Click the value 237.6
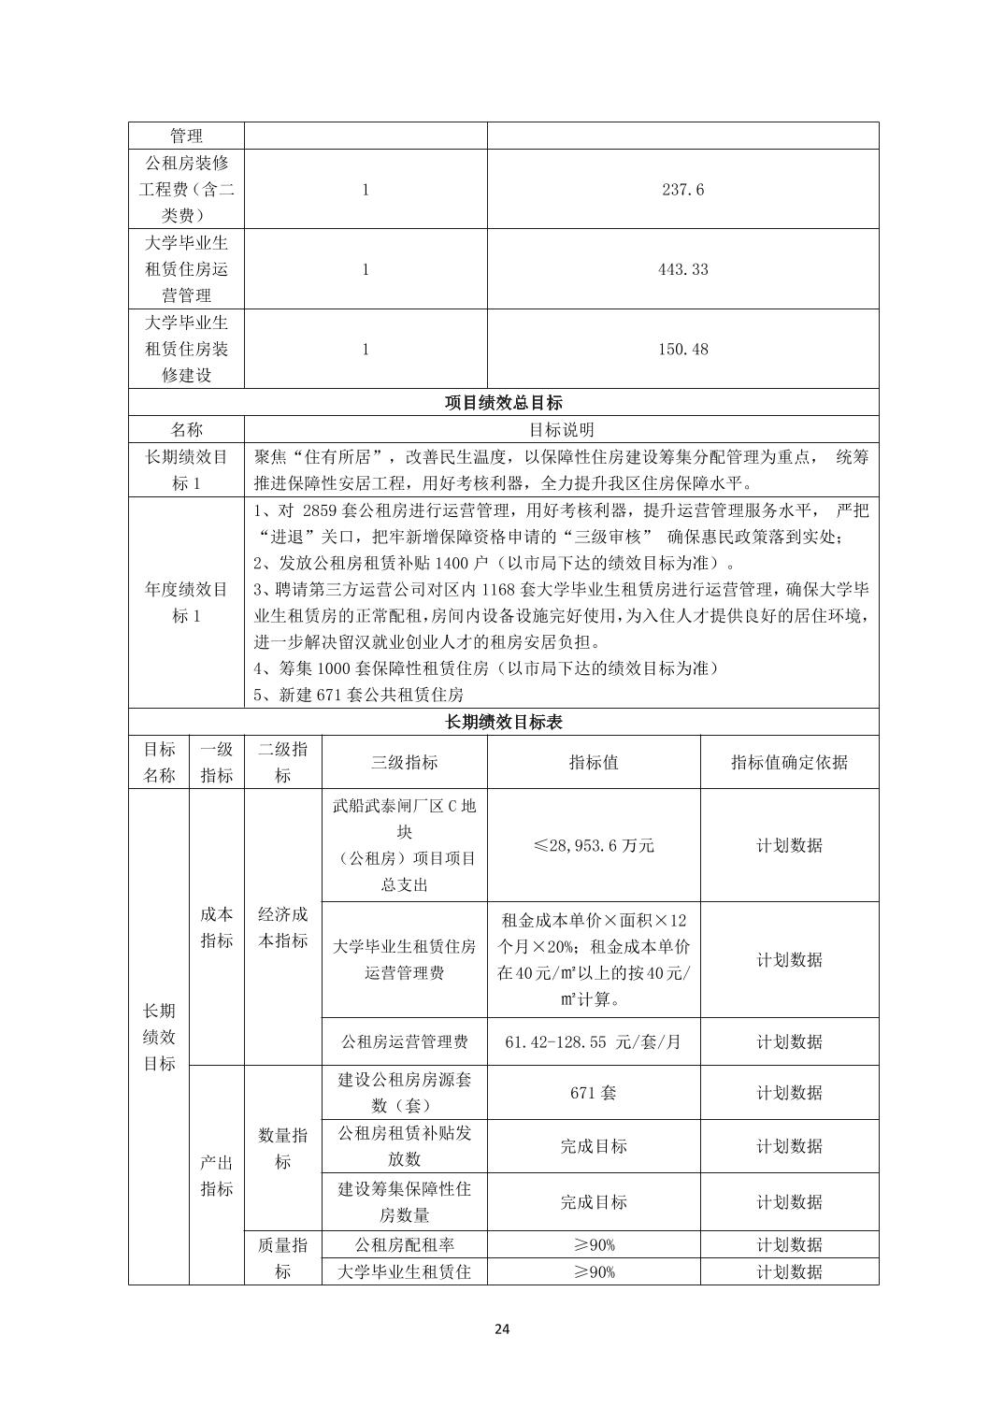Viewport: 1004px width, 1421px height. point(682,190)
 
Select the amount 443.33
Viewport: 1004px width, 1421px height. point(682,269)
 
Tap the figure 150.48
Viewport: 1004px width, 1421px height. point(682,350)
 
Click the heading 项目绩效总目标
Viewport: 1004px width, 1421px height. point(503,403)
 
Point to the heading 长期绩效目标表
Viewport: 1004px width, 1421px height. point(503,723)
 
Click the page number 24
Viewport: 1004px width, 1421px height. point(502,1329)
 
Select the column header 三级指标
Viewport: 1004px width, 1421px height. point(404,762)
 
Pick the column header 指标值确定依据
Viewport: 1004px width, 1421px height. point(789,762)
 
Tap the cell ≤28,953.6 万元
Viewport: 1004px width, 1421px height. point(594,845)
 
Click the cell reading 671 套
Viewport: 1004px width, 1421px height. point(594,1092)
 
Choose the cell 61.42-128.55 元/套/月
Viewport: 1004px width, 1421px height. point(594,1041)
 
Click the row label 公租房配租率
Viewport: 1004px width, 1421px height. point(404,1244)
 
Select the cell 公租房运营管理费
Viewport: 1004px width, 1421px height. point(404,1041)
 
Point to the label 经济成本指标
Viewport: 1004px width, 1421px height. point(282,927)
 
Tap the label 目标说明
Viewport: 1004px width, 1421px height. point(561,430)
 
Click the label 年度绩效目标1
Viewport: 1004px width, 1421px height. point(186,603)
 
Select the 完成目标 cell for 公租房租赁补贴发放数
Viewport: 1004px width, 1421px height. point(594,1146)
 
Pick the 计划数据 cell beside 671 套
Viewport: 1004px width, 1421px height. point(789,1092)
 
